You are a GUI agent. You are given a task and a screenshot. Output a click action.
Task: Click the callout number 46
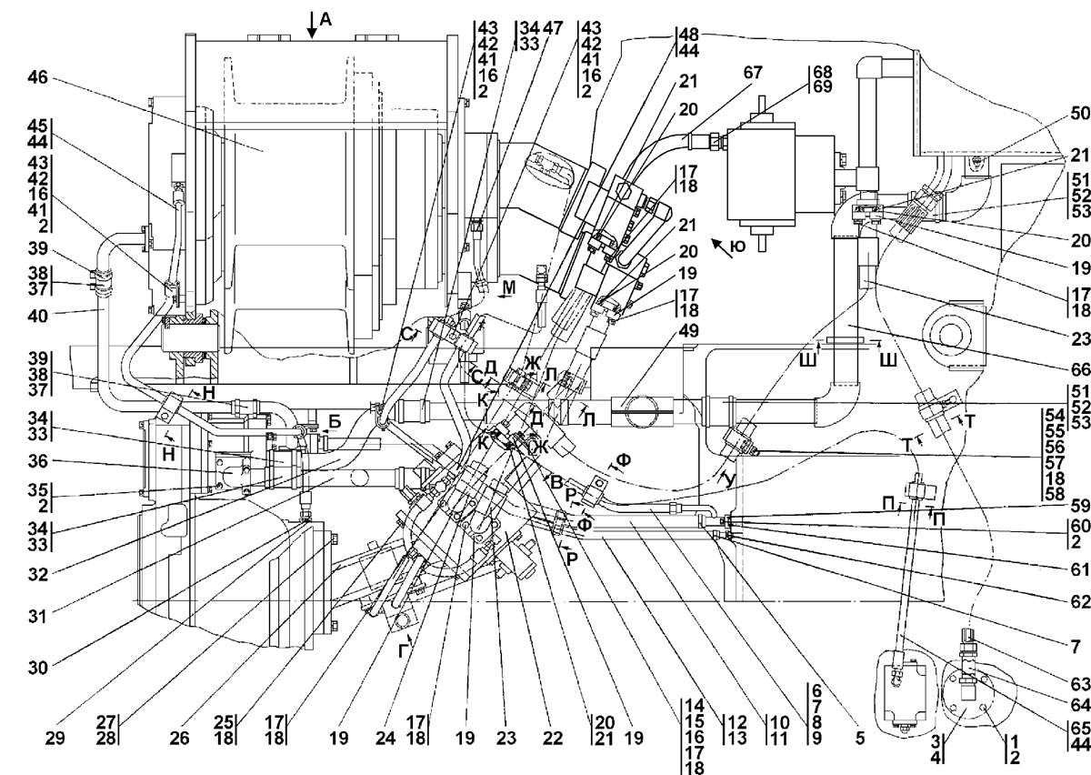tap(37, 77)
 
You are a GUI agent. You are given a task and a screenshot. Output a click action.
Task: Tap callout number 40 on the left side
tap(38, 316)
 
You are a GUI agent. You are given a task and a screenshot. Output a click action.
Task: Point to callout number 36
tap(38, 460)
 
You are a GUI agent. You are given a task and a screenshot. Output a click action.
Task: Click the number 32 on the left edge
tap(38, 575)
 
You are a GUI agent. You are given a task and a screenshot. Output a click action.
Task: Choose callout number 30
tap(38, 668)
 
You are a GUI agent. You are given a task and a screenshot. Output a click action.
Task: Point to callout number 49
tap(687, 331)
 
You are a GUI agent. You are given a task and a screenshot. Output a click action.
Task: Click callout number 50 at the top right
tap(1080, 113)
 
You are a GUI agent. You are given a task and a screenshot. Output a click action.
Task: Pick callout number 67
tap(753, 72)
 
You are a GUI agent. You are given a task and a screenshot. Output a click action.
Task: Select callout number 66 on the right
tap(1080, 369)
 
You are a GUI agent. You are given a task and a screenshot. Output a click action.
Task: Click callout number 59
tap(1080, 506)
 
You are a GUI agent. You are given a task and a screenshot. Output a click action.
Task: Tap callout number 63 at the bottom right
tap(1080, 684)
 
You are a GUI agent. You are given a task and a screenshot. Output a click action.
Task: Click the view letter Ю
tap(738, 247)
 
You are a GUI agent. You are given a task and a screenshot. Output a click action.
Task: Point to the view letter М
tap(508, 288)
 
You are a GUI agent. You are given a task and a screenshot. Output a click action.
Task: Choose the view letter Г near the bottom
tap(402, 651)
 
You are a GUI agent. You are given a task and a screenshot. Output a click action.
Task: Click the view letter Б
tap(335, 422)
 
